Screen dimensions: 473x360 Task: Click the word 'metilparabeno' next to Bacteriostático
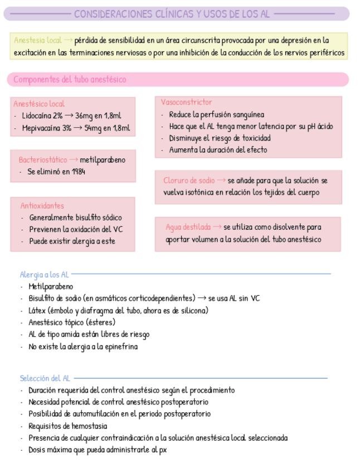(103, 160)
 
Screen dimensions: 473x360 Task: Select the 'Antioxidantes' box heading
(42, 206)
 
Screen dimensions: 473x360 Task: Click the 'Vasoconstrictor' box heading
(186, 103)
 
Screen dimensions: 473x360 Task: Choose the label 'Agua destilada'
(189, 227)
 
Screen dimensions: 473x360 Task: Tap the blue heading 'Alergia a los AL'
(44, 274)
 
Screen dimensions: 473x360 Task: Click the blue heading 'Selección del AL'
(45, 379)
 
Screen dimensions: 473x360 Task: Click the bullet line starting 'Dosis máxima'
(98, 450)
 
